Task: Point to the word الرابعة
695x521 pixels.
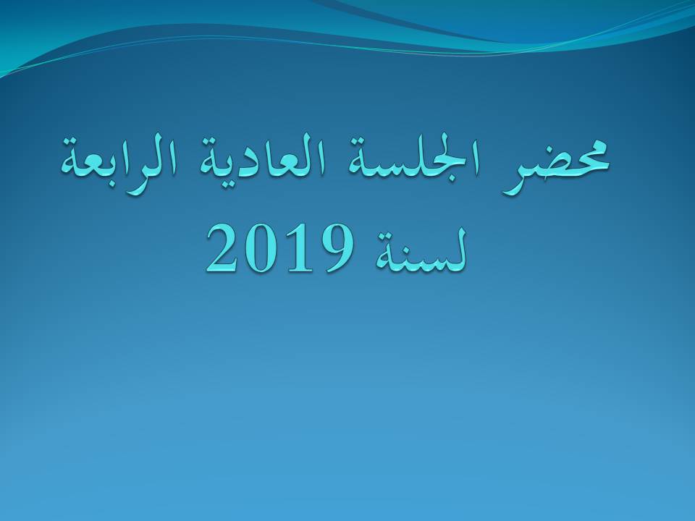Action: [x=120, y=164]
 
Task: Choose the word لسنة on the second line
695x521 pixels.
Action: [x=421, y=251]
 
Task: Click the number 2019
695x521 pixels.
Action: [x=279, y=249]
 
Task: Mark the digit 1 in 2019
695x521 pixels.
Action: [x=296, y=248]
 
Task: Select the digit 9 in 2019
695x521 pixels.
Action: [x=336, y=249]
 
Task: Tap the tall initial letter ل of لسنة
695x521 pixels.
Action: [x=458, y=249]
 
